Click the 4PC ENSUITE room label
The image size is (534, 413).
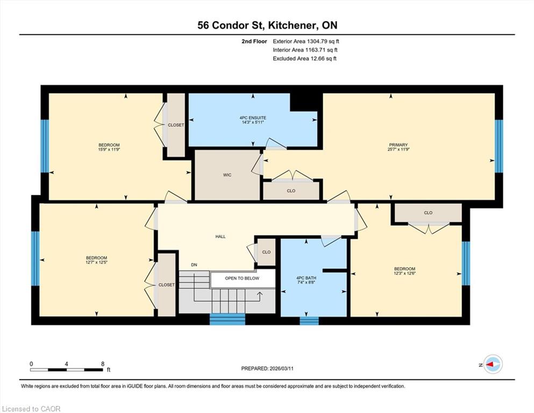[253, 118]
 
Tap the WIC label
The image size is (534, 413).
[227, 175]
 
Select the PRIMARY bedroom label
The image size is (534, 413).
[398, 145]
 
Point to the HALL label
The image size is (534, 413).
[220, 236]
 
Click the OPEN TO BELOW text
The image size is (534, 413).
[242, 278]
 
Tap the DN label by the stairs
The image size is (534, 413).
[194, 265]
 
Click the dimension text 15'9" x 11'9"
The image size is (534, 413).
[109, 149]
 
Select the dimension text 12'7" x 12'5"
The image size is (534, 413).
[96, 262]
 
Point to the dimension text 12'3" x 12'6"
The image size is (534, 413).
[405, 273]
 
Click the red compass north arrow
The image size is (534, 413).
[490, 364]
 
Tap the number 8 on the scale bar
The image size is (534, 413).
[103, 364]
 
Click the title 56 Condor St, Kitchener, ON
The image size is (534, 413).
[267, 25]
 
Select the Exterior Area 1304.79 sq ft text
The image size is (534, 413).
[306, 41]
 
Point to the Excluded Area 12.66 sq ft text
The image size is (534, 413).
[304, 59]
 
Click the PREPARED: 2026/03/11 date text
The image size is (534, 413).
[267, 368]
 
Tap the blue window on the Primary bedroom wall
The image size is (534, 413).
[499, 146]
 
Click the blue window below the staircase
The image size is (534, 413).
[227, 319]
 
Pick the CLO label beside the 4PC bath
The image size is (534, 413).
[266, 252]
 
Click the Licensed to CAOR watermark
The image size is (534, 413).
[31, 409]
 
